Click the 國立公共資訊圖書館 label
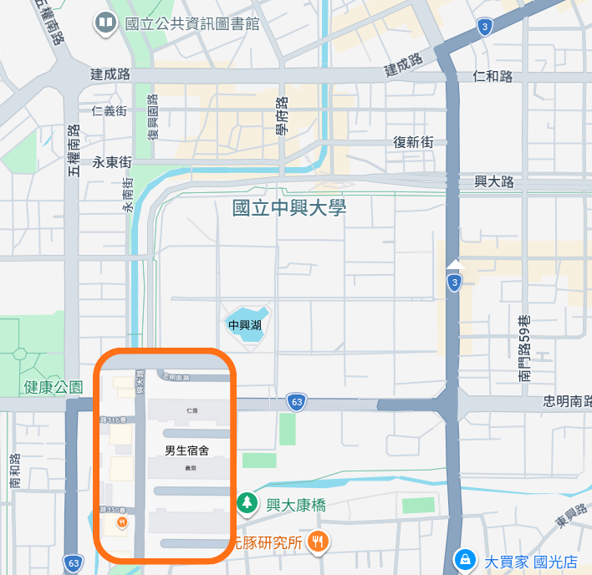(x=191, y=23)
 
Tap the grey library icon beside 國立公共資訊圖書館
(x=106, y=23)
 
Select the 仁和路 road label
(x=492, y=77)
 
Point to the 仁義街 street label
(x=110, y=110)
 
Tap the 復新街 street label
(x=413, y=142)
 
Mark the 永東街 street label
(x=112, y=162)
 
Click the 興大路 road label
(x=494, y=181)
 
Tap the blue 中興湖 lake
(x=246, y=325)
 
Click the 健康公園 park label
(x=54, y=387)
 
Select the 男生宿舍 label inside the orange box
(x=186, y=450)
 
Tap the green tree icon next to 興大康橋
(x=247, y=503)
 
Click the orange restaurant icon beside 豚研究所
(x=317, y=542)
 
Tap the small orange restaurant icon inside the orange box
(x=122, y=522)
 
